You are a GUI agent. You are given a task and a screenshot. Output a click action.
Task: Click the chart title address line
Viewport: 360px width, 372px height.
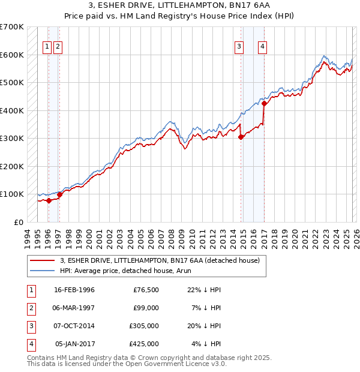tap(179, 7)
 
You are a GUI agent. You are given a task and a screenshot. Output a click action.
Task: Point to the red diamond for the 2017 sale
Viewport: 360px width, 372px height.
tap(264, 104)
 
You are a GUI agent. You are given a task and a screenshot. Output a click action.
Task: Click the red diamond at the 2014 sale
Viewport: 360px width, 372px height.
tap(241, 137)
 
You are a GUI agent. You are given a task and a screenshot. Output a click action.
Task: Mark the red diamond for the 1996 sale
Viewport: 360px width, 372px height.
tap(49, 201)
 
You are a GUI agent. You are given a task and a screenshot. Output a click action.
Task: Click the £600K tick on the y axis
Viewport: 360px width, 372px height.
tap(12, 55)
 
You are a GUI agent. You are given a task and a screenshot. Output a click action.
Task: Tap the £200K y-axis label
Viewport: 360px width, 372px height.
tap(12, 166)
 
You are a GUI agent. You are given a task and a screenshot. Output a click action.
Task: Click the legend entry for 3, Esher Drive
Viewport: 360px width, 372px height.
tap(159, 260)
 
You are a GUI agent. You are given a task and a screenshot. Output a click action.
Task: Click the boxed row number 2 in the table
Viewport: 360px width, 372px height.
tap(31, 308)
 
